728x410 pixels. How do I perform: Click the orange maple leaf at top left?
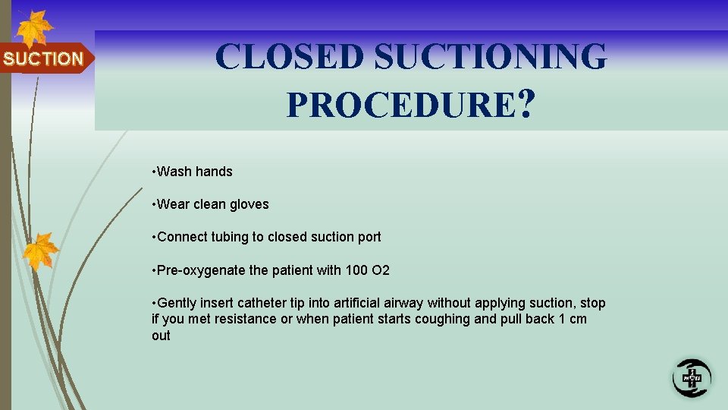coord(33,29)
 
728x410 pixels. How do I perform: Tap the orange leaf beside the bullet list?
coord(41,251)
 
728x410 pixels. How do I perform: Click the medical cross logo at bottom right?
coord(692,376)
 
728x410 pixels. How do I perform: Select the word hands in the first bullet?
coord(214,172)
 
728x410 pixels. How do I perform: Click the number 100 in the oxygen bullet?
coord(353,270)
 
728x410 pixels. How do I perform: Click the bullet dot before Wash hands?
coord(154,172)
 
